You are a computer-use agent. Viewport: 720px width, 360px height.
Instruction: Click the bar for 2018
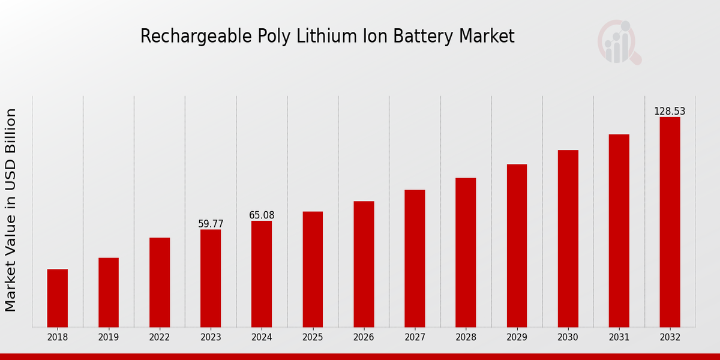(58, 298)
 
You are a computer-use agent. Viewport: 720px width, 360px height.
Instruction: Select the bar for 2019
(109, 292)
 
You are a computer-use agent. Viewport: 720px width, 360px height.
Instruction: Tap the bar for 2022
(160, 282)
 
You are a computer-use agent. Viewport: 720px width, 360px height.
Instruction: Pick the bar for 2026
(364, 264)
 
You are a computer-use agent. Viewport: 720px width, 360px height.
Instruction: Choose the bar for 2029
(517, 245)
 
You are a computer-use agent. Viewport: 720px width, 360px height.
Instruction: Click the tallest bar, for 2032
(670, 222)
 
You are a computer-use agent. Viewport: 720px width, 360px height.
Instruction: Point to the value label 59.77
(211, 224)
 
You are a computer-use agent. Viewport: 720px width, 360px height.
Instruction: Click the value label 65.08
(262, 215)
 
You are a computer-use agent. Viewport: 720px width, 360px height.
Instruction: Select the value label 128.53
(670, 112)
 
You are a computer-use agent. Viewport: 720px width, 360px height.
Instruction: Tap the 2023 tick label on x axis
(211, 338)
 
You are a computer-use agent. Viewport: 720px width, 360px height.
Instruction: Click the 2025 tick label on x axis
(313, 338)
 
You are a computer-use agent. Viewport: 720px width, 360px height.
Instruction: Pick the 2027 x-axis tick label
(415, 338)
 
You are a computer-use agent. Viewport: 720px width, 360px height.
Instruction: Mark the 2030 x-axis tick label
(568, 338)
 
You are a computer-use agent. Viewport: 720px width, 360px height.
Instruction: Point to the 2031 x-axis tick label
(619, 338)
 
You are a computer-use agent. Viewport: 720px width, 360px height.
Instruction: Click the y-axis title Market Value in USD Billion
(11, 210)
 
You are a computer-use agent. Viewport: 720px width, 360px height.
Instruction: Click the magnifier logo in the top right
(619, 42)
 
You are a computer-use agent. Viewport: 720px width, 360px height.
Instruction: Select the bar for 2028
(466, 252)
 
